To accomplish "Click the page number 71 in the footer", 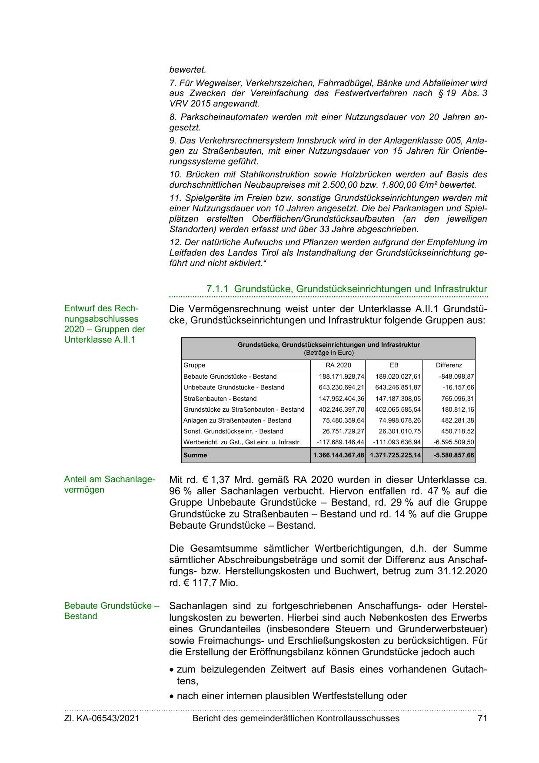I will [x=482, y=718].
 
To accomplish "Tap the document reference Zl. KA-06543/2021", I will [x=102, y=718].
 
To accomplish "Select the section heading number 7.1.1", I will [x=217, y=289].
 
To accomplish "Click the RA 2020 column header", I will [x=338, y=365].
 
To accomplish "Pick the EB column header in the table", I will [x=394, y=365].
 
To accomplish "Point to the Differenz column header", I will [x=449, y=365].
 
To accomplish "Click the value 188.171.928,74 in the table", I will [x=341, y=377].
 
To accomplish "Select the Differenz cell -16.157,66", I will [x=458, y=387].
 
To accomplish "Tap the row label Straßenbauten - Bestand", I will [x=220, y=399].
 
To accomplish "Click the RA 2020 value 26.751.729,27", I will [x=343, y=431].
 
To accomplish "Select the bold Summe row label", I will [x=195, y=455].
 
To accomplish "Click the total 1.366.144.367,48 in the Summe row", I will [x=338, y=455].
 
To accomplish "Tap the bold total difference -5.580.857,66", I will [x=454, y=455].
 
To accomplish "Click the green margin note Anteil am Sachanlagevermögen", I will [x=109, y=484].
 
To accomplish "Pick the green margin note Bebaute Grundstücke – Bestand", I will [x=112, y=610].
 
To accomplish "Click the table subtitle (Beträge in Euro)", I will [x=329, y=353].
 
